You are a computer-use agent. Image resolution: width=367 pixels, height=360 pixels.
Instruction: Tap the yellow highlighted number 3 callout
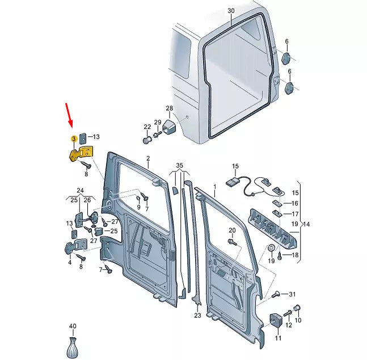click(73, 138)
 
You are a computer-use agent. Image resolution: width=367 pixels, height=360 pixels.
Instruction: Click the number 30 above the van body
click(230, 11)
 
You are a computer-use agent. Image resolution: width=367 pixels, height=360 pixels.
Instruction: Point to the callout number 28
click(169, 108)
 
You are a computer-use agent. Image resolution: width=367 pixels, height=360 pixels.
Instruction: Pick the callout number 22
click(147, 127)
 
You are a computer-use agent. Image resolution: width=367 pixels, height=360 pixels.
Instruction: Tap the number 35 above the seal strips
click(179, 165)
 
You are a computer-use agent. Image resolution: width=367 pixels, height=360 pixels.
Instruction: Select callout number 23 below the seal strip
click(197, 315)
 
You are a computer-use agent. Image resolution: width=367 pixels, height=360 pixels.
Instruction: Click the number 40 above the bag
click(72, 326)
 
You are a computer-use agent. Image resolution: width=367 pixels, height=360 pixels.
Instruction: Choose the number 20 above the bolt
click(231, 230)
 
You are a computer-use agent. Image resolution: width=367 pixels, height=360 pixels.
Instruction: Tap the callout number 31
click(293, 294)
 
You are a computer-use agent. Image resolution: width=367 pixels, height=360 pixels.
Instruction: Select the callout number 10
click(299, 321)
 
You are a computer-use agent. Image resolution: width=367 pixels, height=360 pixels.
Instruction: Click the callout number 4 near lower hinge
click(70, 262)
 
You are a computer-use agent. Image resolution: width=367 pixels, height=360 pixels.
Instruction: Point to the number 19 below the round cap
click(271, 261)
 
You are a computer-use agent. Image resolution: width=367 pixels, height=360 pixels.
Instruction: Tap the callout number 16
click(294, 203)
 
